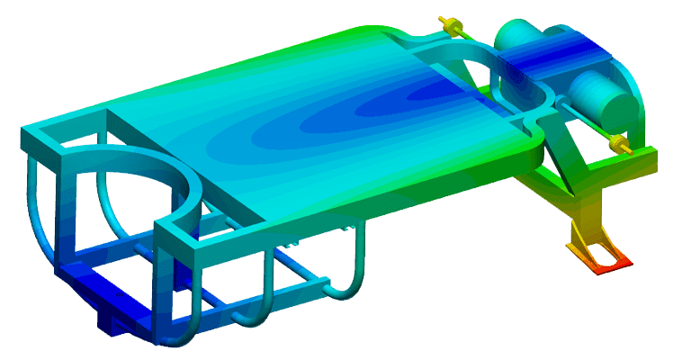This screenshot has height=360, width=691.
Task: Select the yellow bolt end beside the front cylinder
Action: point(617,143)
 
